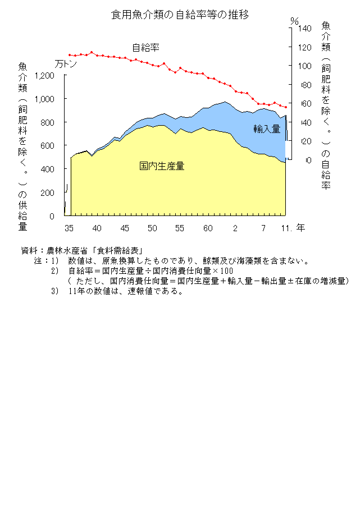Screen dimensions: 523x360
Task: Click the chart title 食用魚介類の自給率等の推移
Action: pos(180,14)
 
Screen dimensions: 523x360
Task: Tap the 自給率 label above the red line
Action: pos(145,48)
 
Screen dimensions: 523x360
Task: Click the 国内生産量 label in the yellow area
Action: pos(162,166)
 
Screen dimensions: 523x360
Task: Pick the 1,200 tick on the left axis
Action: pos(44,76)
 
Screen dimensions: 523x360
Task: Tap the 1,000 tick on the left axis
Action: pos(44,99)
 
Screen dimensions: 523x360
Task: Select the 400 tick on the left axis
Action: pos(47,169)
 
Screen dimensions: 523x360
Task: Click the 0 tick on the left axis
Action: pos(52,216)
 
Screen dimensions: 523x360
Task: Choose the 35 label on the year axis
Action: pos(69,228)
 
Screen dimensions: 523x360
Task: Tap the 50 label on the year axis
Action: pos(152,228)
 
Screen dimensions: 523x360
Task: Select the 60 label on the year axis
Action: pos(208,228)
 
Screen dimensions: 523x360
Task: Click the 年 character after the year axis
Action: pos(301,228)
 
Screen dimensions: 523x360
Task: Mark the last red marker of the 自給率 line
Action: pos(286,107)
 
